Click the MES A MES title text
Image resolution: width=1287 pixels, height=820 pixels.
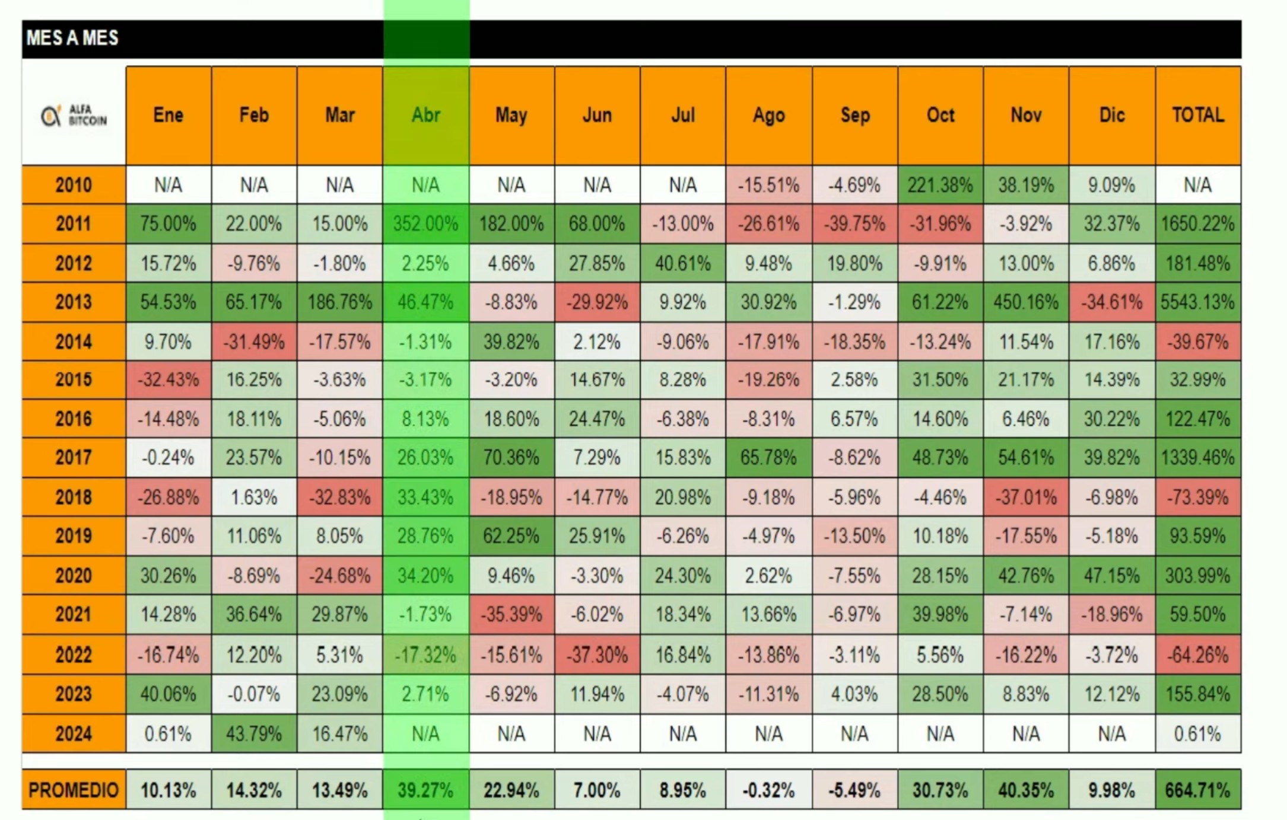click(72, 38)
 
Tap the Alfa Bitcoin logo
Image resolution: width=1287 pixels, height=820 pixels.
click(74, 116)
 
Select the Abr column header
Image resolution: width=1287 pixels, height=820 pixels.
click(425, 115)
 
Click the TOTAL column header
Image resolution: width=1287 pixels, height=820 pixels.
click(1197, 115)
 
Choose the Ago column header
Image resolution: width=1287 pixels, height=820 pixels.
click(768, 115)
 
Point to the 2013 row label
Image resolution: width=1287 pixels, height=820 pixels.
click(74, 302)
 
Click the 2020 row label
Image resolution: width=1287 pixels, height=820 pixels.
click(74, 575)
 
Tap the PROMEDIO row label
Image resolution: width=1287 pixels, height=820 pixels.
click(74, 790)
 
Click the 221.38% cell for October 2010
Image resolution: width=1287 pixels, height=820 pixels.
click(940, 185)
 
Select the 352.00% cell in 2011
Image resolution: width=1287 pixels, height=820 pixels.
click(425, 224)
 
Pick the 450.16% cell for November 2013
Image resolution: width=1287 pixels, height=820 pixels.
click(1026, 302)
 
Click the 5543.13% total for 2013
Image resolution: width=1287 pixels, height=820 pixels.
click(1197, 302)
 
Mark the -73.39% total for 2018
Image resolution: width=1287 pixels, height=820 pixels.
click(1197, 497)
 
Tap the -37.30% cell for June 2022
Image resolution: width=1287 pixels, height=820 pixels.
click(597, 655)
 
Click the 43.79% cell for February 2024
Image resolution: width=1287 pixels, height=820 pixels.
click(254, 733)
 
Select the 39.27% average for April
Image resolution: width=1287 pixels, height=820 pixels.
click(425, 790)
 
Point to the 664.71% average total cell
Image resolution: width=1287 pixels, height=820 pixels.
click(1197, 790)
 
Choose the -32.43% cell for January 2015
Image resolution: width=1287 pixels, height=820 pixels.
click(169, 379)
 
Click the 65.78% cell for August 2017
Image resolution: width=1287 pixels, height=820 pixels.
click(768, 458)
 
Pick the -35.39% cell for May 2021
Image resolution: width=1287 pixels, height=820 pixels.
click(511, 614)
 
